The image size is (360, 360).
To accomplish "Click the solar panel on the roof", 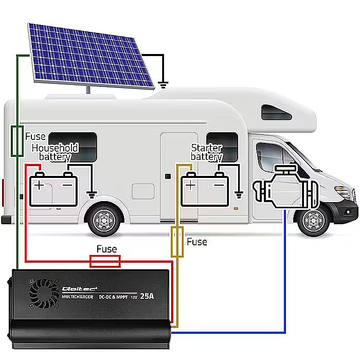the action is tap(92, 56).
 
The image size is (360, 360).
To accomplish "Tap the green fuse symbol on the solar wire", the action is tap(17, 141).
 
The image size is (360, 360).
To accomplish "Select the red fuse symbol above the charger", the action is tap(105, 261).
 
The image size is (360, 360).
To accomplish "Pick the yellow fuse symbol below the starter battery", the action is tap(177, 242).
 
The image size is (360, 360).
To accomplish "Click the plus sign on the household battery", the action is tap(39, 185).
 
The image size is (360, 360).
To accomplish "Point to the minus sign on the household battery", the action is tap(68, 185).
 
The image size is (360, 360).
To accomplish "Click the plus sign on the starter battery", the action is tap(190, 185).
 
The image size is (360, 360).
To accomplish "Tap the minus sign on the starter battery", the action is tap(219, 185).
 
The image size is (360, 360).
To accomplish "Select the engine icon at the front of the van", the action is tap(285, 187).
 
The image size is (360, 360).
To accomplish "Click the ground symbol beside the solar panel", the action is tap(163, 85).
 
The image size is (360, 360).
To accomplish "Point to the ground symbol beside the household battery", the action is tap(92, 194).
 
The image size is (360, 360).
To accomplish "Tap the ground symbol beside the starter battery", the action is tap(239, 194).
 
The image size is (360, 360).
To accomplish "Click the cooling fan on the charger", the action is tap(44, 294).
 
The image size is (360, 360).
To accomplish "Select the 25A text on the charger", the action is tap(147, 296).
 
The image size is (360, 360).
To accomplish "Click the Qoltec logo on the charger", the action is tap(80, 289).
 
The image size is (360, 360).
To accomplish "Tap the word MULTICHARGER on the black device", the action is tap(78, 297).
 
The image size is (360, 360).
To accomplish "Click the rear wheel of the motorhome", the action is tap(104, 220).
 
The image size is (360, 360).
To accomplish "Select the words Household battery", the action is tap(55, 152).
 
